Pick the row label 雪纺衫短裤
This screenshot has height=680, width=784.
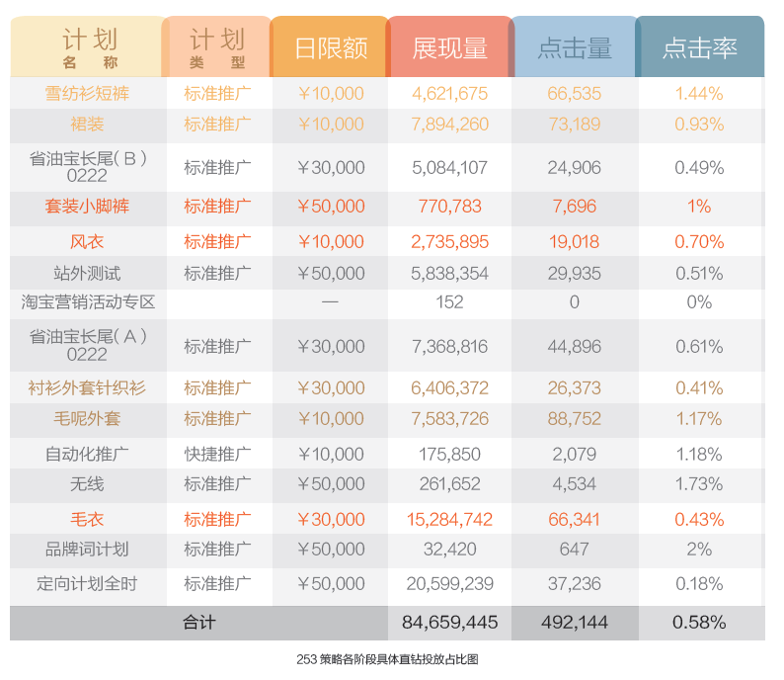[87, 94]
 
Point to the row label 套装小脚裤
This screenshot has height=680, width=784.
[87, 207]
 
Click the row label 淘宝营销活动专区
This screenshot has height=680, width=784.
[87, 302]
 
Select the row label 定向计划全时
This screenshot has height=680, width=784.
[87, 584]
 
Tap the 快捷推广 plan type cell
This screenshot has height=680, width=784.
[217, 455]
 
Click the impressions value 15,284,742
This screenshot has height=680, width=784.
[449, 520]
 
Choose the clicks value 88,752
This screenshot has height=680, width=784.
[574, 419]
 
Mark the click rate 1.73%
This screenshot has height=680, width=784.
[699, 484]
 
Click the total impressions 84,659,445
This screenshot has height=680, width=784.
[449, 623]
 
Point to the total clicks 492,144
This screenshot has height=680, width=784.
[574, 623]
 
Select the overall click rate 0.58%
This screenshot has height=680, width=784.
[699, 623]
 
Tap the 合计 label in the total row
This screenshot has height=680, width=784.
[198, 623]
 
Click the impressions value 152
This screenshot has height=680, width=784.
[449, 302]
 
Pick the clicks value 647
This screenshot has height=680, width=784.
[574, 550]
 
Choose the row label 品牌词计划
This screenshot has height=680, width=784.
[87, 550]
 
